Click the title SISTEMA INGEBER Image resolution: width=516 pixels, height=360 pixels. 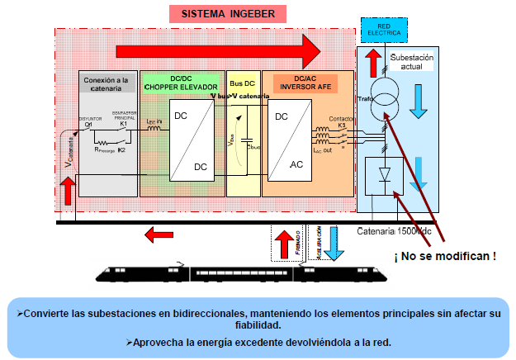228,14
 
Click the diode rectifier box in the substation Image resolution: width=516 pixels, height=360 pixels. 385,178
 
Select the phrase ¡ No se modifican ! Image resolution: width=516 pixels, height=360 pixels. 446,257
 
